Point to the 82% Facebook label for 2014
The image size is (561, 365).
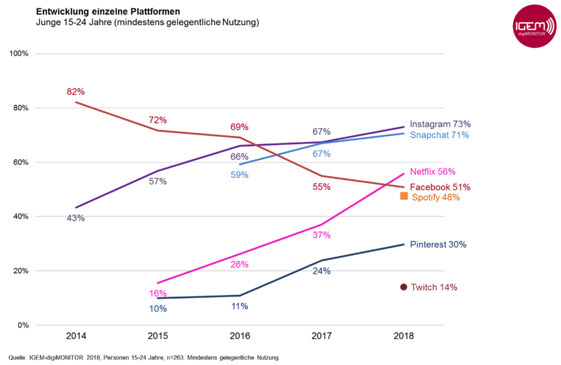coord(76,92)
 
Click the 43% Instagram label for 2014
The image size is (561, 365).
coord(76,218)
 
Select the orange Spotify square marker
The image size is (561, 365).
coord(404,196)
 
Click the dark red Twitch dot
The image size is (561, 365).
coord(404,287)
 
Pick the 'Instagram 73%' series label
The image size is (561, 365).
coord(440,123)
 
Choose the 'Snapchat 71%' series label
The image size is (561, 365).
coord(440,135)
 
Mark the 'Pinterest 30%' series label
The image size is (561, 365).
coord(438,245)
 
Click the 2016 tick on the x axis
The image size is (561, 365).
coord(240,336)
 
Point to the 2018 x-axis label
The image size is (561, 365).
coord(404,336)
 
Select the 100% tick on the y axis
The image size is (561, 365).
coord(19,53)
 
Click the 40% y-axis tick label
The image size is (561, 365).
coord(21,217)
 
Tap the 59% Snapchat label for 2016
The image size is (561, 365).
coord(240,174)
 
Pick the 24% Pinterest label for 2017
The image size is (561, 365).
coord(321,271)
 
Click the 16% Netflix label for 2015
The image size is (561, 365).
coord(158,293)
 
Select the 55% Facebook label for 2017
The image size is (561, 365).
coord(321,187)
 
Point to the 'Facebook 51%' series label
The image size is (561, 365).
coord(440,187)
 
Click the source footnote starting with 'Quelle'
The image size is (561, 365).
coord(145,357)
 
